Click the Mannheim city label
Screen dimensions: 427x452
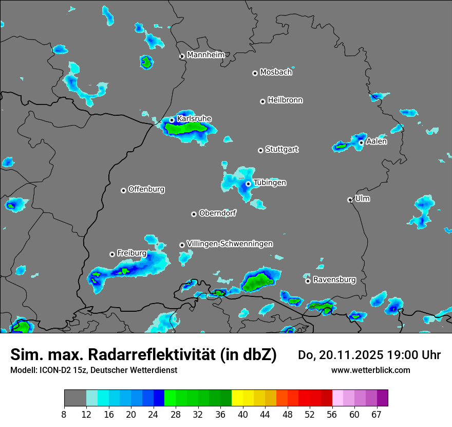[x=205, y=55]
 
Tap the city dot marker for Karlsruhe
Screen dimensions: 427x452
[x=172, y=120]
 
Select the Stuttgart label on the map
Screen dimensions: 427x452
[x=281, y=150]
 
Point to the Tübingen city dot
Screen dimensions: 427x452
[x=248, y=184]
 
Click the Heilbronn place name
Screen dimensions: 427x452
[x=285, y=100]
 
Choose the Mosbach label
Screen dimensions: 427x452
[x=276, y=73]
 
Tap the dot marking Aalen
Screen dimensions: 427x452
[x=361, y=143]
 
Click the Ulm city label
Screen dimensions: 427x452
[x=362, y=199]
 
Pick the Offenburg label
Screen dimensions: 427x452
[x=146, y=189]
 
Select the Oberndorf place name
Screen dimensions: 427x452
[x=217, y=213]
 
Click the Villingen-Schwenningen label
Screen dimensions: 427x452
[x=230, y=244]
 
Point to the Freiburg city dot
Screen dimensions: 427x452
[x=112, y=254]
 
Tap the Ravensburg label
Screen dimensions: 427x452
[x=334, y=280]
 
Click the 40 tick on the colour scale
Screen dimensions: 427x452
[x=243, y=414]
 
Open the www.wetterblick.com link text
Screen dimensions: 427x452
[x=370, y=370]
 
